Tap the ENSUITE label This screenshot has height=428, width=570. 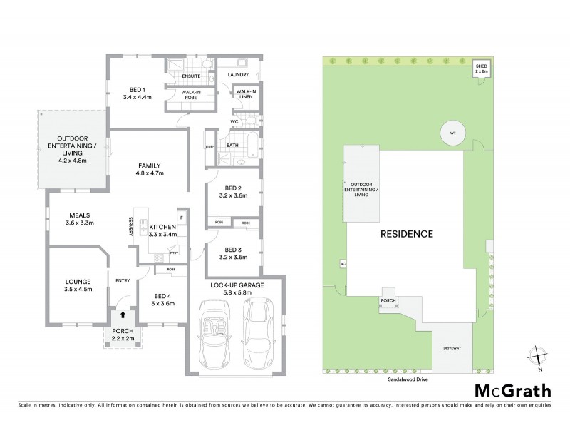point(191,75)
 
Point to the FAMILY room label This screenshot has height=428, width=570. point(150,165)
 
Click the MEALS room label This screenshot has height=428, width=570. point(78,213)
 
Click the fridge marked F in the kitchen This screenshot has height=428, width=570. point(182,216)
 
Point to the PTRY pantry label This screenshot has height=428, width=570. point(173,253)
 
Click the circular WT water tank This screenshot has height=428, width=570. point(451,133)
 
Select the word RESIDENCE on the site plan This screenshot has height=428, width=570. point(405,233)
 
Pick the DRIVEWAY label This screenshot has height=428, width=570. point(452,347)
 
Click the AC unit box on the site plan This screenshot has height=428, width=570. point(343,263)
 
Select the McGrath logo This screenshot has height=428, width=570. point(513,390)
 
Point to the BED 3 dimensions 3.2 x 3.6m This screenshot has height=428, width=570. point(233,258)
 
